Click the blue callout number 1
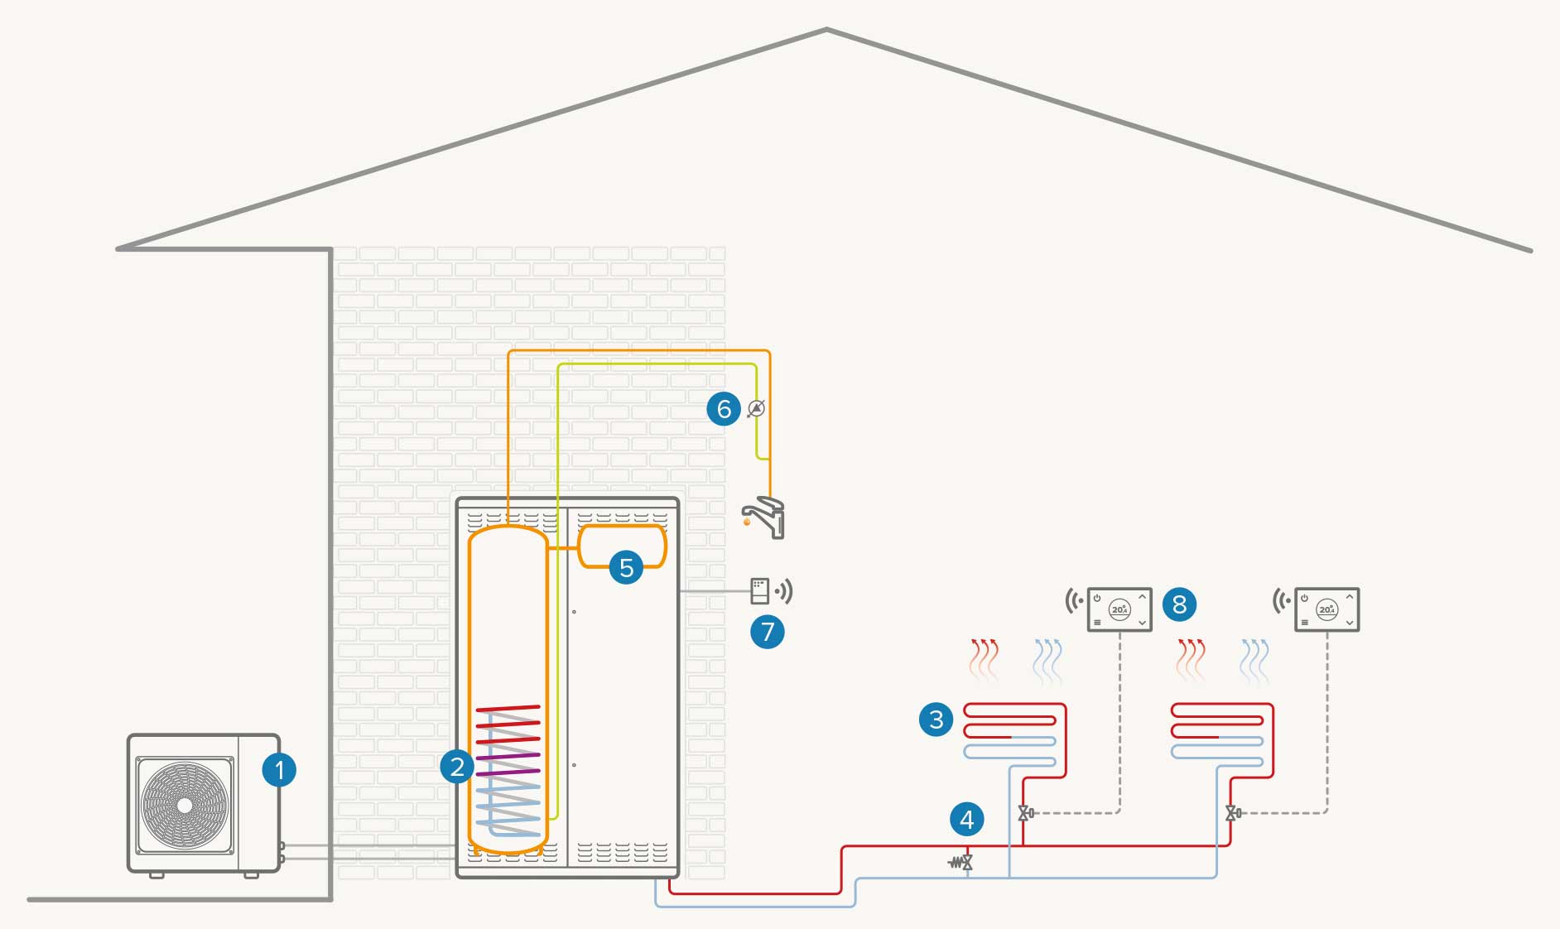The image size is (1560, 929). tap(279, 770)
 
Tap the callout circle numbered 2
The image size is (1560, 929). tap(457, 767)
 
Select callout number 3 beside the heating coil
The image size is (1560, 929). tap(936, 719)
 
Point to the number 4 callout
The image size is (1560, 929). tap(967, 820)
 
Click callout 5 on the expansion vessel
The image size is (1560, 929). tap(626, 567)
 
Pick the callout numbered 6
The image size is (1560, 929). tap(724, 409)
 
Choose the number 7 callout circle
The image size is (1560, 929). tap(768, 632)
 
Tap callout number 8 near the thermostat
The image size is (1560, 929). tap(1180, 604)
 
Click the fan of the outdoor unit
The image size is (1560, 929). tap(185, 805)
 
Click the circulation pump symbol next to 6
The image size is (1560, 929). tap(756, 408)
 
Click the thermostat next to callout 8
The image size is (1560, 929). tap(1119, 609)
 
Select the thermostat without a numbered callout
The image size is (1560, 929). tap(1326, 609)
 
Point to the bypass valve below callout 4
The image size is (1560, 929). tap(962, 863)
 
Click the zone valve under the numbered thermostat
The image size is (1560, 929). tap(1025, 813)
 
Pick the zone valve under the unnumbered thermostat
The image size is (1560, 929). tap(1232, 813)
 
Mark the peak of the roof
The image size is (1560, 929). tap(826, 31)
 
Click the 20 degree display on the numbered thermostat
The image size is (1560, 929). tap(1119, 609)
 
